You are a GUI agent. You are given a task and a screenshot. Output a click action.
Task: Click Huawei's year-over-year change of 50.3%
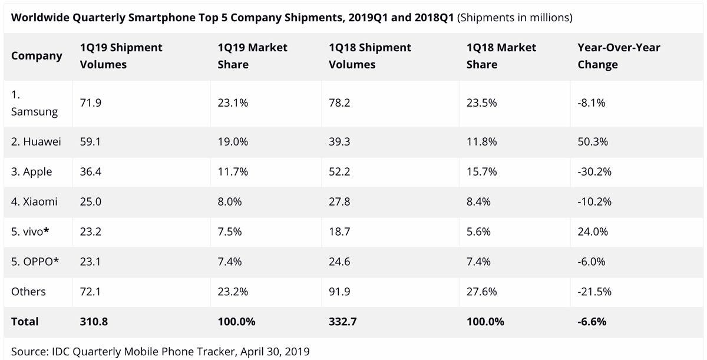pos(593,142)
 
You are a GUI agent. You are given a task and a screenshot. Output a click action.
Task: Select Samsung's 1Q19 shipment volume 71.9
pos(90,103)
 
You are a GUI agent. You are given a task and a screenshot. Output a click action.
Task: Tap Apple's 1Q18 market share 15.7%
pos(481,172)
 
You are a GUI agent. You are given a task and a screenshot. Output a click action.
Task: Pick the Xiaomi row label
pos(34,202)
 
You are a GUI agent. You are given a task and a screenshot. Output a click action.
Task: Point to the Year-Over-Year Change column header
pos(619,56)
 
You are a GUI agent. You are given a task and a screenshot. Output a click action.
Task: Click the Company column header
pos(37,56)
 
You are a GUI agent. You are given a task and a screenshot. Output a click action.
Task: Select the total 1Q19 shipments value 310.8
pos(94,322)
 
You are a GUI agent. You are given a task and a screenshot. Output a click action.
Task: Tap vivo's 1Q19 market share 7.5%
pos(230,232)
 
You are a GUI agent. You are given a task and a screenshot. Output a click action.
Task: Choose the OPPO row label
pos(35,262)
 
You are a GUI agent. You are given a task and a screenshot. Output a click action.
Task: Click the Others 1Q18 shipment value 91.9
pos(340,292)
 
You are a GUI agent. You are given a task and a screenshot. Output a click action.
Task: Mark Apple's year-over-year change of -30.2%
pos(594,172)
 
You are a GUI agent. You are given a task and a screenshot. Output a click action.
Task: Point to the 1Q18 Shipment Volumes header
pos(370,56)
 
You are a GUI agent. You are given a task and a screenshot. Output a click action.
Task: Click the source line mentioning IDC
pos(160,352)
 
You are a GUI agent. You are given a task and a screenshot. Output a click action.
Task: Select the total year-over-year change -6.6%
pos(592,322)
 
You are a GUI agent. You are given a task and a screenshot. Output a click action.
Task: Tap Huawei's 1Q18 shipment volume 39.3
pos(340,142)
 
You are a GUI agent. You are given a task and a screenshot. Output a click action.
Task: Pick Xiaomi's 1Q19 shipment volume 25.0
pos(91,202)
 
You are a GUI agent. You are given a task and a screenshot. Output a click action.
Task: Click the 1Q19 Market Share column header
pos(252,56)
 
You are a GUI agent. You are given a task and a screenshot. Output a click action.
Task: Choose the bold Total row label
pos(25,322)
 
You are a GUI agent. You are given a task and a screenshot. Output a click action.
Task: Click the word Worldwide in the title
pos(39,18)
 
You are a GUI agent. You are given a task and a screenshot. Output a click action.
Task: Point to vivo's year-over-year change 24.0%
pos(593,232)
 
